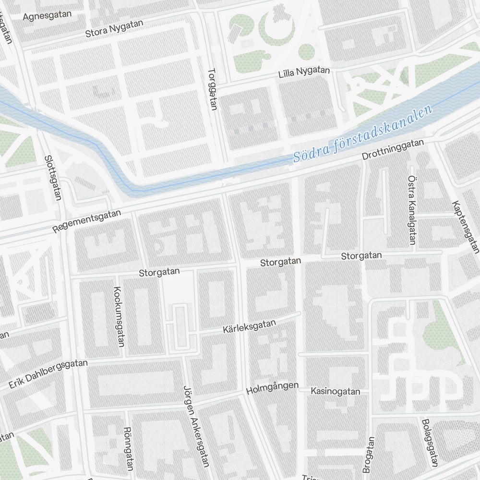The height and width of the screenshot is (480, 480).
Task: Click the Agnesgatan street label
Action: [47, 15]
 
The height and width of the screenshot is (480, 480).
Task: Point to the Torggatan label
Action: [213, 89]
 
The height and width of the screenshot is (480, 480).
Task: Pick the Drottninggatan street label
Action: [393, 150]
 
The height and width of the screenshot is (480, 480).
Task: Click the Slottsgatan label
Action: [53, 177]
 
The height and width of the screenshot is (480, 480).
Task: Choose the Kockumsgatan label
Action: [119, 316]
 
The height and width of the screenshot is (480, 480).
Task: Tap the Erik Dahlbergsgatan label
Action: [48, 374]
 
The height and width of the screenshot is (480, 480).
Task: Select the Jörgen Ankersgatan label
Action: [196, 425]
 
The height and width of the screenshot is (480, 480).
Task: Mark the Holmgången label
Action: [272, 388]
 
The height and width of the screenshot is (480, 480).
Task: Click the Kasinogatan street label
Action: [335, 392]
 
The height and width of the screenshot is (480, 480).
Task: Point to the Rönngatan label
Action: [128, 448]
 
